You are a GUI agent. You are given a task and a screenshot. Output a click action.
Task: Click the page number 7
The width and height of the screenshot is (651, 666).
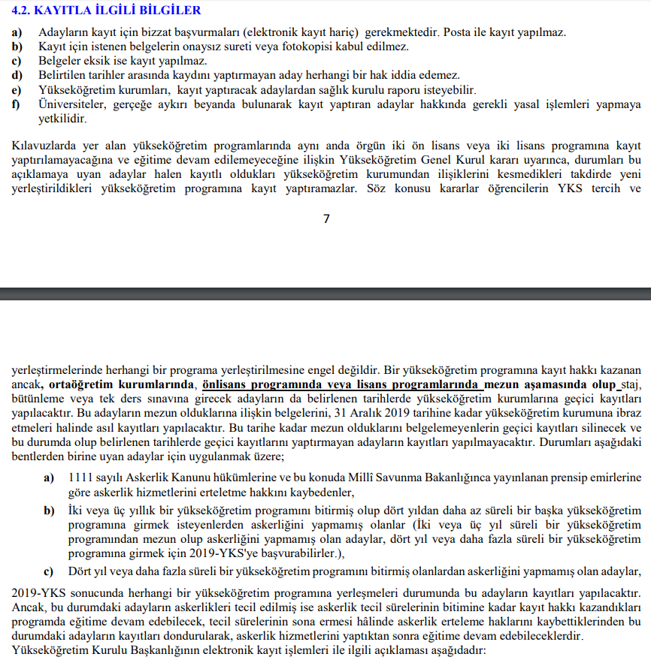(x=325, y=219)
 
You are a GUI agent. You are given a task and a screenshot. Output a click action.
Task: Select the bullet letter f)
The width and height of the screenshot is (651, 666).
(x=16, y=104)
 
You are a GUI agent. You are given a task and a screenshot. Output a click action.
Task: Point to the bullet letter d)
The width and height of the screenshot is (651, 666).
(x=17, y=76)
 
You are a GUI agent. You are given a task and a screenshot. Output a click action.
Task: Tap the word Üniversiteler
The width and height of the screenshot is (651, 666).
(x=73, y=104)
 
